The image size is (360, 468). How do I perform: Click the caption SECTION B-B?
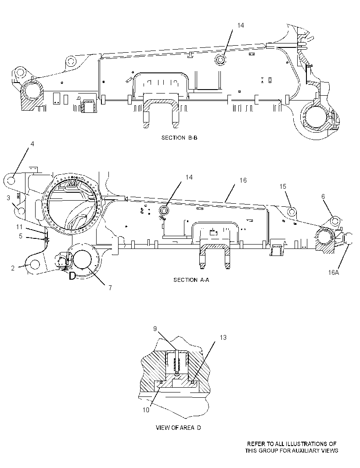pos(179,137)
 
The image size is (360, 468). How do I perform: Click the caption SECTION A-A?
pos(191,280)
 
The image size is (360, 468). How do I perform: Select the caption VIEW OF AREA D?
pos(178,428)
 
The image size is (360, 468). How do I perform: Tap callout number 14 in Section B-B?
pos(241,25)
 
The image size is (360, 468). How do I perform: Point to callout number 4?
pos(32,144)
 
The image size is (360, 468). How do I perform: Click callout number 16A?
pos(333,272)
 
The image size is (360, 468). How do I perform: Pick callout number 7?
pos(110,288)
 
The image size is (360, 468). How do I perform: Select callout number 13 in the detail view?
pos(223,338)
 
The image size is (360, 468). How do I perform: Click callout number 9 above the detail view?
pos(155,329)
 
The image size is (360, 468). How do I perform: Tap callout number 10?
pos(146,410)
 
